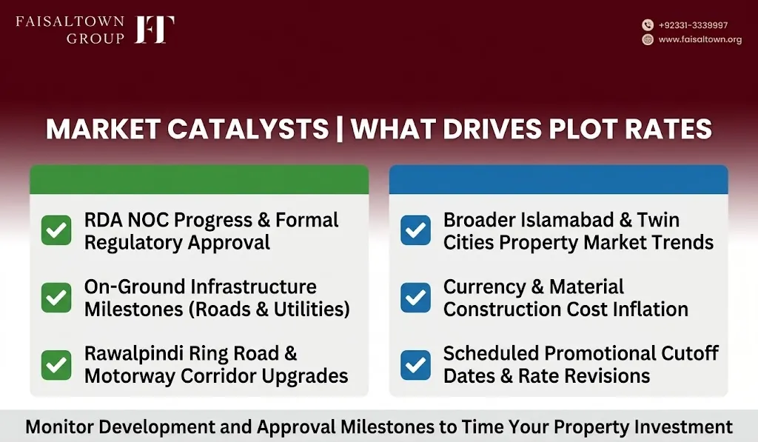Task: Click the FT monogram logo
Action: [x=154, y=30]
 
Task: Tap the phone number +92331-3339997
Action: [x=693, y=25]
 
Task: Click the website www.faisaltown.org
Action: [x=700, y=40]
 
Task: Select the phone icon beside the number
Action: [x=647, y=25]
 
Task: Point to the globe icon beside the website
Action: [x=647, y=40]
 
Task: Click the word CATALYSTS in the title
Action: [x=248, y=129]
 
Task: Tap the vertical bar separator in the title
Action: [x=339, y=129]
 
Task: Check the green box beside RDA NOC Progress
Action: [x=56, y=230]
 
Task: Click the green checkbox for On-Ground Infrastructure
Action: [x=56, y=298]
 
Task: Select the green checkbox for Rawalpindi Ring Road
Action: [x=56, y=364]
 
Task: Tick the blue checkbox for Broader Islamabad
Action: [x=415, y=230]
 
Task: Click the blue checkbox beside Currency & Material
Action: [x=415, y=298]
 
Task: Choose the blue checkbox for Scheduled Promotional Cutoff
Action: [x=415, y=364]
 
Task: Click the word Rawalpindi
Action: [x=133, y=354]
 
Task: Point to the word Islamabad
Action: [x=566, y=220]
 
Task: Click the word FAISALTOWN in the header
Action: [x=70, y=21]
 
